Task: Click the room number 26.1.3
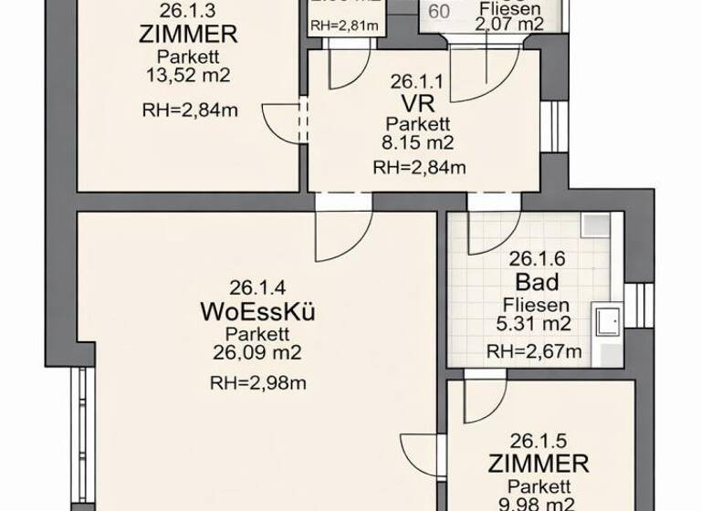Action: pyautogui.click(x=189, y=12)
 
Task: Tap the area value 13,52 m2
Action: pyautogui.click(x=189, y=76)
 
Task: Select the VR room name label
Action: pyautogui.click(x=419, y=101)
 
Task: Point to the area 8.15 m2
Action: pyautogui.click(x=419, y=143)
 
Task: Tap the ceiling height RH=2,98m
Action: pyautogui.click(x=258, y=382)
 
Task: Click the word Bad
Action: pyautogui.click(x=537, y=280)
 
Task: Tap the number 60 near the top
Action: pyautogui.click(x=439, y=12)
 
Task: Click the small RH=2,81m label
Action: pyautogui.click(x=344, y=25)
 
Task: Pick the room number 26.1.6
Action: pyautogui.click(x=537, y=258)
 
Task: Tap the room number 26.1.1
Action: pyautogui.click(x=419, y=80)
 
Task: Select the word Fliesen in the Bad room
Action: pyautogui.click(x=537, y=305)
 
